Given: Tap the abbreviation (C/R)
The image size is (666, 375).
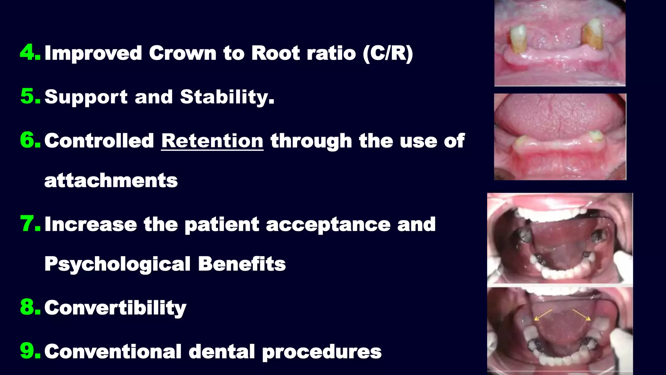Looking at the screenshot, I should pyautogui.click(x=388, y=53).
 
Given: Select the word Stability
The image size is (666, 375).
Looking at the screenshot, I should pyautogui.click(x=227, y=97).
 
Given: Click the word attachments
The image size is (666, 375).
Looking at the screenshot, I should pyautogui.click(x=111, y=180).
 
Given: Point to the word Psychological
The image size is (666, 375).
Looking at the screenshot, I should pyautogui.click(x=117, y=264).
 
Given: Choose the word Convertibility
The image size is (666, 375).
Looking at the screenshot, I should pyautogui.click(x=115, y=308).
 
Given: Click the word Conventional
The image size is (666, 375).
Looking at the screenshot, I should pyautogui.click(x=113, y=352).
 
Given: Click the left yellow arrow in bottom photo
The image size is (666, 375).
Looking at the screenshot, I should pyautogui.click(x=543, y=315).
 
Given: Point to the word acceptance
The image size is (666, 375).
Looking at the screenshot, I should pyautogui.click(x=328, y=225).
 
